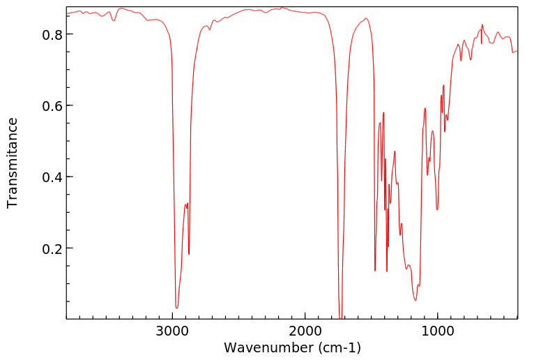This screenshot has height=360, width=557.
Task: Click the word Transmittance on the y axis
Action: pos(13,163)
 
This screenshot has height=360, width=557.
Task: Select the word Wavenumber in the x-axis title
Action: pos(267,347)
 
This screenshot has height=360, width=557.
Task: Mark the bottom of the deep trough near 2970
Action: pos(176,308)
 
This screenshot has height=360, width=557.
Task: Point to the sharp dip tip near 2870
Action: pos(189,254)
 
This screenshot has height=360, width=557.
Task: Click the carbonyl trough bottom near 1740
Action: pos(340,317)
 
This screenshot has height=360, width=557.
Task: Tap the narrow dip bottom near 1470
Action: pos(375,271)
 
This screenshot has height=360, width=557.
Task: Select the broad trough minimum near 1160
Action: pos(416,301)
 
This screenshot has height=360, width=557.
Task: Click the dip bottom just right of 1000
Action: pos(437,209)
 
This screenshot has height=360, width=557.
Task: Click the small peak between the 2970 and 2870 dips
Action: pos(185,204)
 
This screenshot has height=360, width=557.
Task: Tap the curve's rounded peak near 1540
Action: pos(366,18)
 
